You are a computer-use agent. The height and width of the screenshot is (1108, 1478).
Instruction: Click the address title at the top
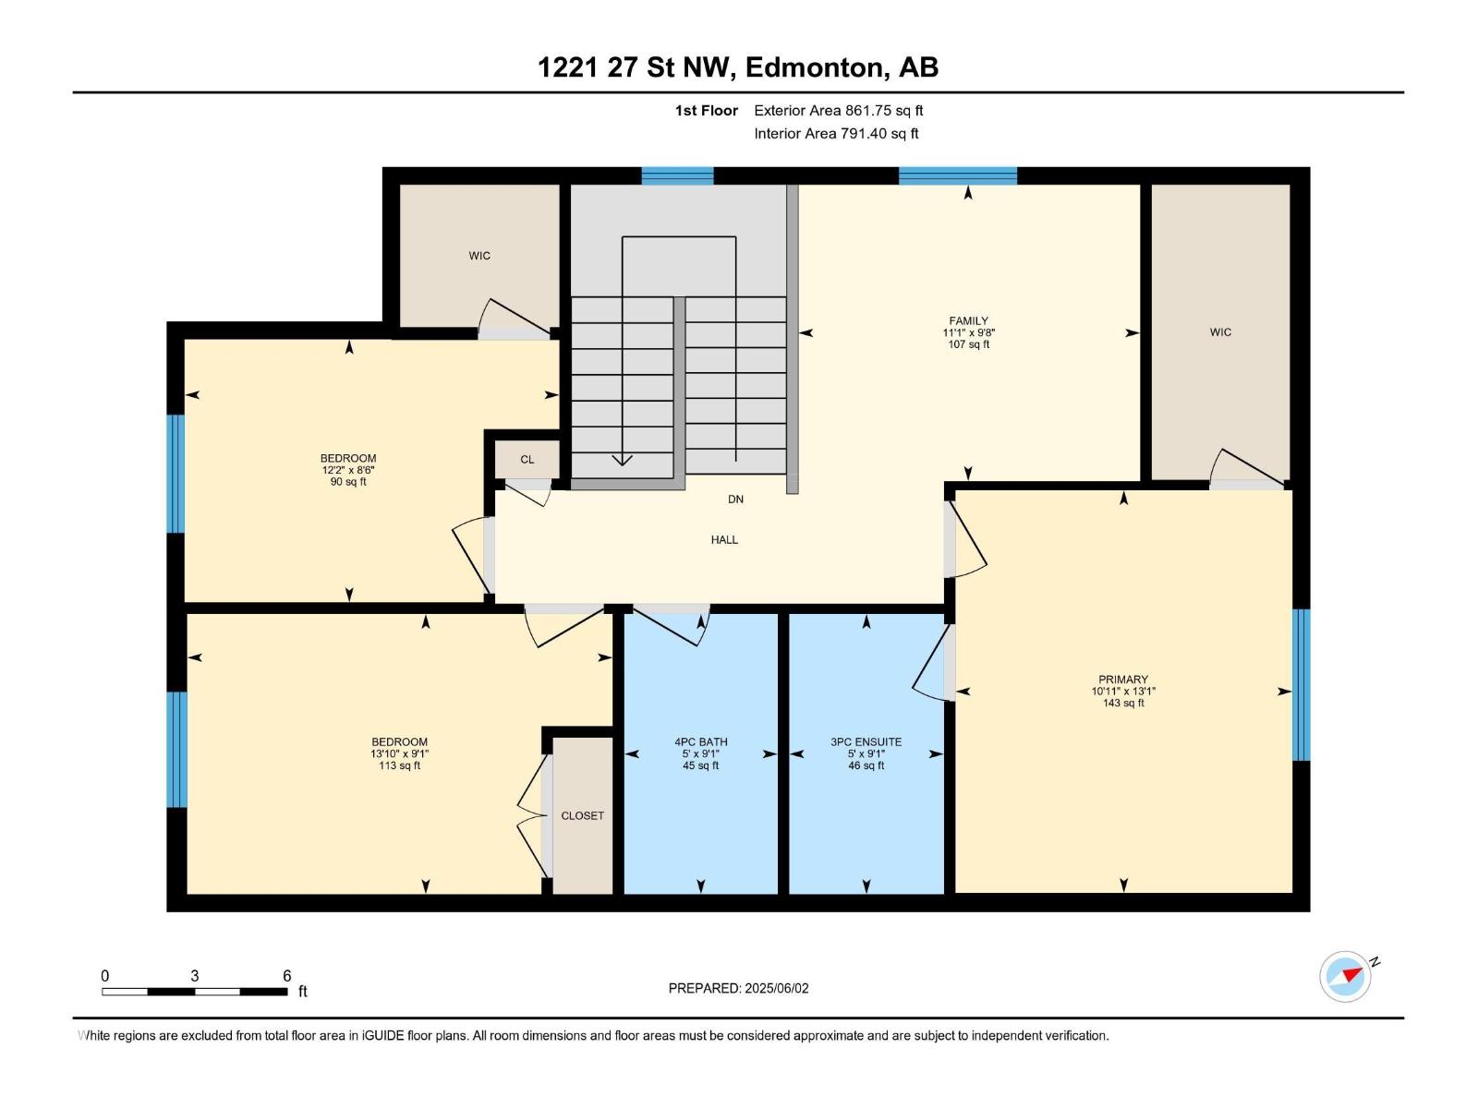click(738, 67)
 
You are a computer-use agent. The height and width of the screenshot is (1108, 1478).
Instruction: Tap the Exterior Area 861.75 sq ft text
click(838, 111)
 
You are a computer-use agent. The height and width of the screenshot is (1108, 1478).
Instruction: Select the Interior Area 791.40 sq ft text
click(836, 134)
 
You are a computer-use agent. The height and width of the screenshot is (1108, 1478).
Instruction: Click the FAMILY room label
click(968, 321)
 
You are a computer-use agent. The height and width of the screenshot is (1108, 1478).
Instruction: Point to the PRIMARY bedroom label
click(1122, 680)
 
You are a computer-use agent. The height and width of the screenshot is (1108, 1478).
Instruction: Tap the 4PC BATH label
click(700, 742)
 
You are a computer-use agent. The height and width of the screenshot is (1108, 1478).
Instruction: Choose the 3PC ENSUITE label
click(866, 742)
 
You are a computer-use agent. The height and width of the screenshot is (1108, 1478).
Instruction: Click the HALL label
click(724, 540)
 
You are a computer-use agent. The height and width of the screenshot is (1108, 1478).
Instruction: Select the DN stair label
click(735, 500)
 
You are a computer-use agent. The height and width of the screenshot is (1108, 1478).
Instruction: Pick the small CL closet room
click(527, 459)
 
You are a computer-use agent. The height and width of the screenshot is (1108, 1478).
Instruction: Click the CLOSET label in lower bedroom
click(582, 816)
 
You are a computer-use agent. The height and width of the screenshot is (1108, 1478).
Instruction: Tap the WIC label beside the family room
click(1220, 332)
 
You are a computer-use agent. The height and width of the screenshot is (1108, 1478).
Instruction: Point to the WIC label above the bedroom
click(479, 256)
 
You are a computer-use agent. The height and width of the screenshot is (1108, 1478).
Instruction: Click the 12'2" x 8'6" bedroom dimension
click(348, 470)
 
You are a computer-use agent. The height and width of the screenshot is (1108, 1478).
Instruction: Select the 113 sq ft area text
click(399, 765)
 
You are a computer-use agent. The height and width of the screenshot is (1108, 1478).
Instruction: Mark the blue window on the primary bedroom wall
click(1301, 684)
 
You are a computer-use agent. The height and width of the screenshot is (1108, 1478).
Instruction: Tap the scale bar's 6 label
click(287, 976)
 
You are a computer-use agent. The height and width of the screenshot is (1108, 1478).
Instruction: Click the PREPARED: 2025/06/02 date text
click(738, 988)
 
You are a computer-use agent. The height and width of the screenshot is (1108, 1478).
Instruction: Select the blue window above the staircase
click(677, 175)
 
